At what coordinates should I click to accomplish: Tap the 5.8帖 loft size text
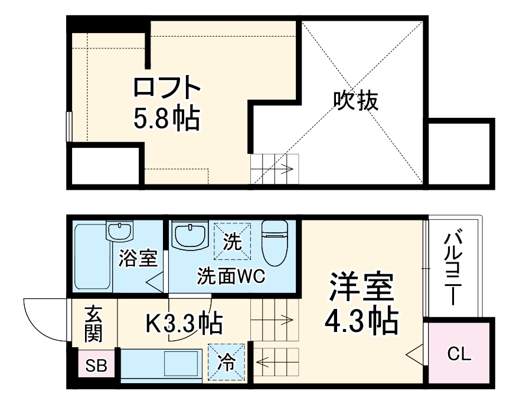167,120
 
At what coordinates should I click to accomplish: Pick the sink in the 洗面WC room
189,236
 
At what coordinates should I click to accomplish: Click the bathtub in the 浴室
92,257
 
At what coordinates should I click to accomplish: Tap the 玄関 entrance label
93,324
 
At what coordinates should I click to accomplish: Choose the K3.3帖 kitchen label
183,322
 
